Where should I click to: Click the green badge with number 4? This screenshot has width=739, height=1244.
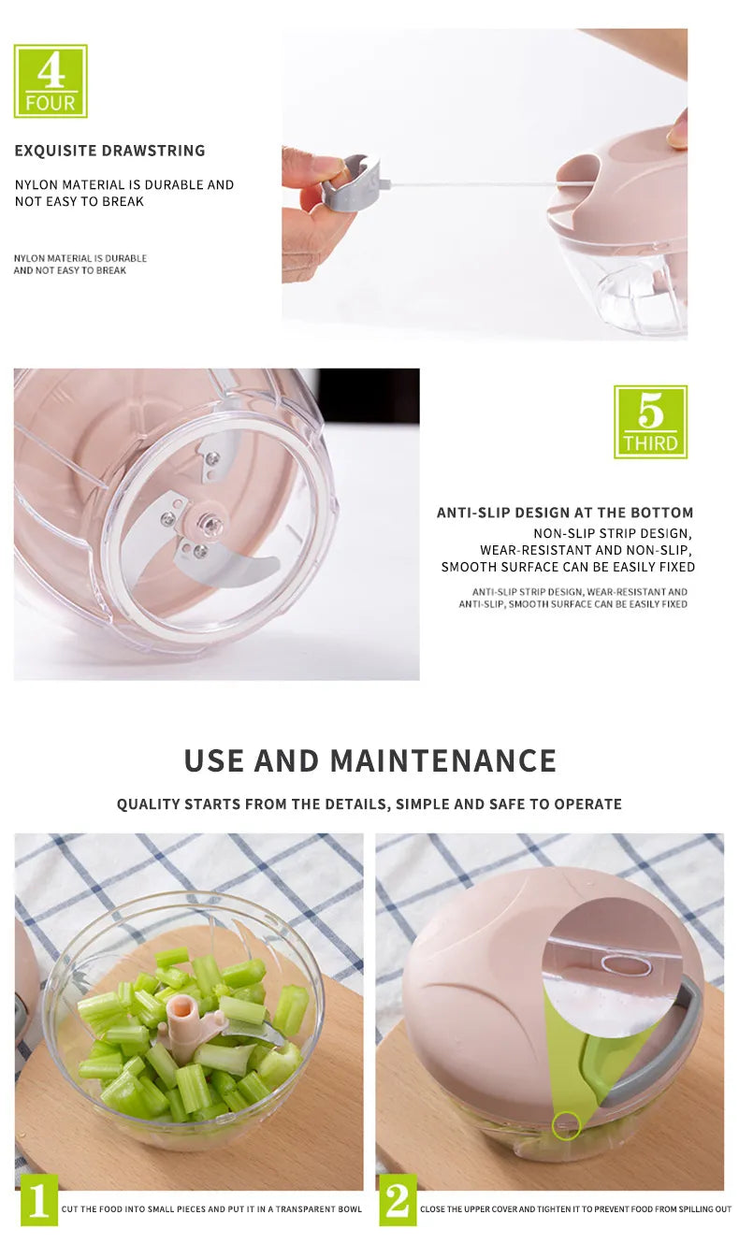(x=51, y=81)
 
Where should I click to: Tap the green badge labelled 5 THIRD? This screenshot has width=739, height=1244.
(x=650, y=422)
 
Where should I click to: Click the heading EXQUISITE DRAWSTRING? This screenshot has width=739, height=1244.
(x=109, y=151)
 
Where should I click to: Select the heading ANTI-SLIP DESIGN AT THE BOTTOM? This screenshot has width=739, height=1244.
(x=565, y=513)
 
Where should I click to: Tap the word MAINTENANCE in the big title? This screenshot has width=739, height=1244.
(x=443, y=759)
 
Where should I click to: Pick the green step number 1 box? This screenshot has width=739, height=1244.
(x=38, y=1200)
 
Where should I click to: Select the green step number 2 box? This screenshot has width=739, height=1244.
(x=398, y=1200)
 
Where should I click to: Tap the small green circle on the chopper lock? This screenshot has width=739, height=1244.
(x=566, y=1125)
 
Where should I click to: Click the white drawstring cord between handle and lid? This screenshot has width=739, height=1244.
(x=468, y=183)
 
